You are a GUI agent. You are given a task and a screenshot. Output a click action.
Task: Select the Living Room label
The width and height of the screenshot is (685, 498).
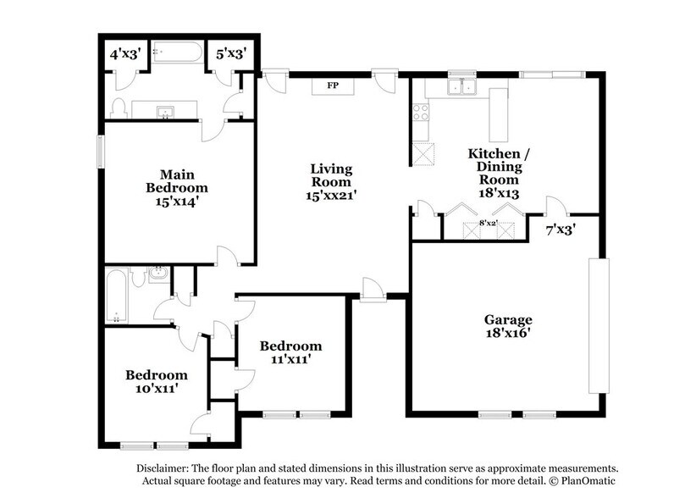pos(330,182)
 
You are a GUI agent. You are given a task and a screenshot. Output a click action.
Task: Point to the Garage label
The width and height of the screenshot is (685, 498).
pos(508,326)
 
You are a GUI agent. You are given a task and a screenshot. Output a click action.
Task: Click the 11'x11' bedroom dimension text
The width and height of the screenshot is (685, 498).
pos(290,359)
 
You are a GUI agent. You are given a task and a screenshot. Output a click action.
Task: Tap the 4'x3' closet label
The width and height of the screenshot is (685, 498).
pos(124,54)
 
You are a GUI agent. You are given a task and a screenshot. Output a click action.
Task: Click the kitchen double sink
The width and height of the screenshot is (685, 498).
pos(462,86)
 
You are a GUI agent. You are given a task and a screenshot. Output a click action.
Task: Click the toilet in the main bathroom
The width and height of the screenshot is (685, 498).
pos(119,107)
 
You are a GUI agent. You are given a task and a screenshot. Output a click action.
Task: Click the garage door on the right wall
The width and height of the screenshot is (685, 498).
pos(599,326)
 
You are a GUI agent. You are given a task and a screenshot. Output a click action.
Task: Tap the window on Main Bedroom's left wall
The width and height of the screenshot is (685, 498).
pos(101,152)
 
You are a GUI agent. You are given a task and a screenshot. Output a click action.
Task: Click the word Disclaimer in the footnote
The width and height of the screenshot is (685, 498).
pos(163,468)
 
